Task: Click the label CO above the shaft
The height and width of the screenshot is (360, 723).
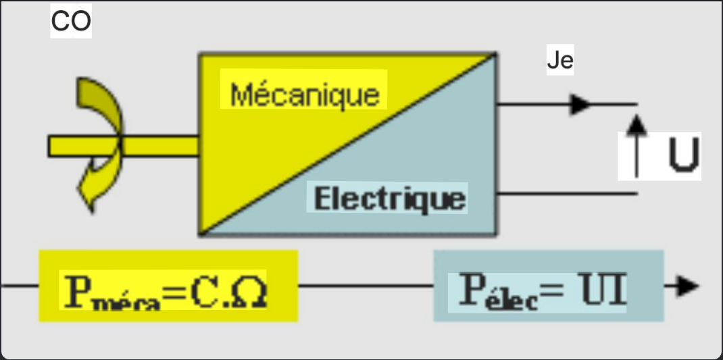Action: pos(71,22)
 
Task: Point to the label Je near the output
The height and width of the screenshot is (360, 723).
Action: pos(559,61)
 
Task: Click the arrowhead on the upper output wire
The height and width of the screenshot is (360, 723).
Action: pos(580,104)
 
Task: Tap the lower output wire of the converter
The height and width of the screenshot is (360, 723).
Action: pos(568,194)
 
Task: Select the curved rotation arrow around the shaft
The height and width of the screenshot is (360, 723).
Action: pos(99,145)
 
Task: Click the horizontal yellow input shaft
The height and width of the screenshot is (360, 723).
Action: pos(155,145)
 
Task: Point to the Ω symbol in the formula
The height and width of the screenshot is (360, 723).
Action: pos(249,290)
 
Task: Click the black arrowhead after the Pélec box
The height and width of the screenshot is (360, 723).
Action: pos(685,286)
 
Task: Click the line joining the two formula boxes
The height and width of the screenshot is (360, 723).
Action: pos(365,286)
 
